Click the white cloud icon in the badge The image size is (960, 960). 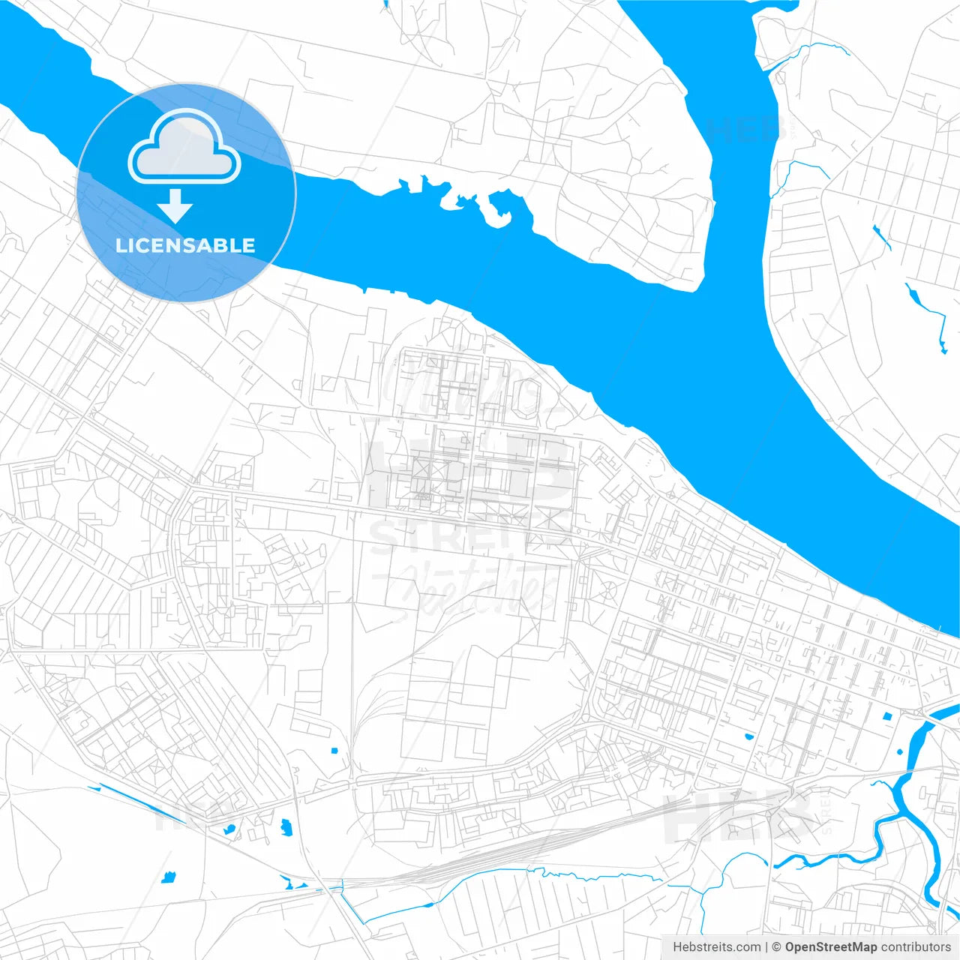(x=184, y=147)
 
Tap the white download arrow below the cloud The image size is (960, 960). (x=175, y=205)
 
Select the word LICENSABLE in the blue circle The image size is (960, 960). (x=185, y=245)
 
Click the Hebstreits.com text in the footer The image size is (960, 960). (x=716, y=947)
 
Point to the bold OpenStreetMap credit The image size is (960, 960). (x=831, y=947)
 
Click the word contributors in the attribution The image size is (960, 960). (x=916, y=947)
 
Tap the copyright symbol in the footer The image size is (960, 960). (x=777, y=947)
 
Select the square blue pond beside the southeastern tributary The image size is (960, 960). (x=889, y=716)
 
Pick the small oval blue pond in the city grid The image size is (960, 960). (x=748, y=736)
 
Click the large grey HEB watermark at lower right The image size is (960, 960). (x=739, y=817)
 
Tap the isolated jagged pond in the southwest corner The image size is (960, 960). (x=168, y=877)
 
